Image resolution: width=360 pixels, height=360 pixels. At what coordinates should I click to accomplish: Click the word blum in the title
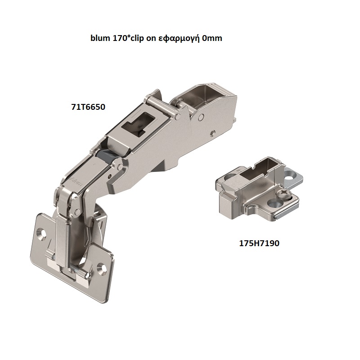click(100, 39)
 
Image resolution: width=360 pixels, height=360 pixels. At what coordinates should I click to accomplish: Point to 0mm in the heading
click(212, 39)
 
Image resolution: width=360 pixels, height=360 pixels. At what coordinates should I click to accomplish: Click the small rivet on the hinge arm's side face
click(212, 133)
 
